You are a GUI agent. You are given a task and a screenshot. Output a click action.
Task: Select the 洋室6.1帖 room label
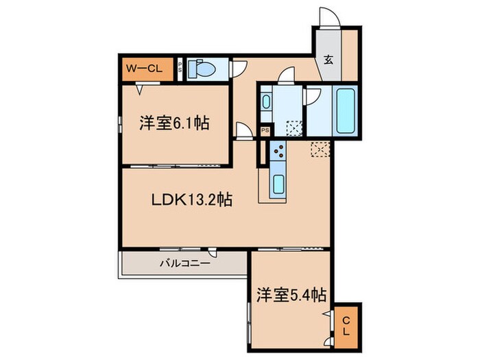(174, 124)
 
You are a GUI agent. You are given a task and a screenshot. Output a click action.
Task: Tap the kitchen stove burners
(278, 154)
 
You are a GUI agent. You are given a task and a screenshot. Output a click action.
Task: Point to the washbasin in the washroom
(266, 102)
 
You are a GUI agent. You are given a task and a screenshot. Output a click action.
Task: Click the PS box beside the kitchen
(265, 130)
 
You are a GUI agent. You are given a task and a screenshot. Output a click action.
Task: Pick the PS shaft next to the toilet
(180, 67)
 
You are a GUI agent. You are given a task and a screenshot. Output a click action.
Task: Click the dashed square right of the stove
(319, 149)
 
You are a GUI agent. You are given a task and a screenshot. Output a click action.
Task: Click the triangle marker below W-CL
(139, 88)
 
